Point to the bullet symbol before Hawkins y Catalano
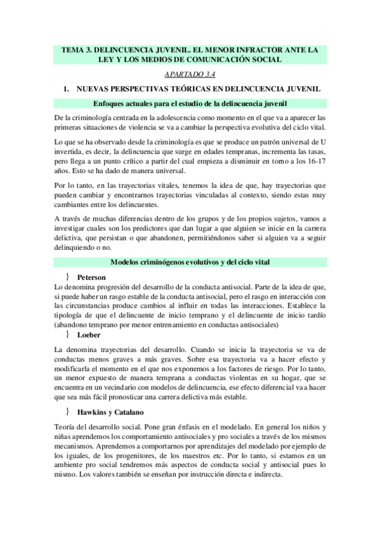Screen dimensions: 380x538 (67, 412)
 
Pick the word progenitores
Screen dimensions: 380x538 (143, 456)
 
